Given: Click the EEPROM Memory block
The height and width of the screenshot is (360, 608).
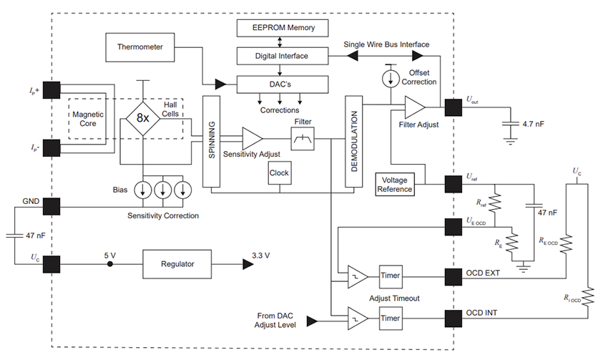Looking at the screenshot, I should click(282, 28).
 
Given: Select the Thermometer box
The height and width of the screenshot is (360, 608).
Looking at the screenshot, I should click(140, 47).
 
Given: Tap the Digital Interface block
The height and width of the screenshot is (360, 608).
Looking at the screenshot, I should click(282, 55).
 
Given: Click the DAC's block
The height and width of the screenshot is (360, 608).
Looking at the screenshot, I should click(282, 84).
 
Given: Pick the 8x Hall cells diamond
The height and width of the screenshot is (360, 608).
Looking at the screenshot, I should click(143, 118).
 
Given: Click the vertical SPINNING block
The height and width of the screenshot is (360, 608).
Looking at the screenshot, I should click(211, 142).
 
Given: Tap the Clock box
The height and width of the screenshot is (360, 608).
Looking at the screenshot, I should click(278, 172).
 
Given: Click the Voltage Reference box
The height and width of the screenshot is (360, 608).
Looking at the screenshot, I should click(395, 185).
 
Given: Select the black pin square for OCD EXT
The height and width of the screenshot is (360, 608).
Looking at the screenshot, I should click(453, 276).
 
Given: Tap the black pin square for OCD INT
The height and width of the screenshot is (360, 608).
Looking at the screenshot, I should click(453, 318).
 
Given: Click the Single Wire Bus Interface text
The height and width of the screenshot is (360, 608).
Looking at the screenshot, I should click(387, 44).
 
